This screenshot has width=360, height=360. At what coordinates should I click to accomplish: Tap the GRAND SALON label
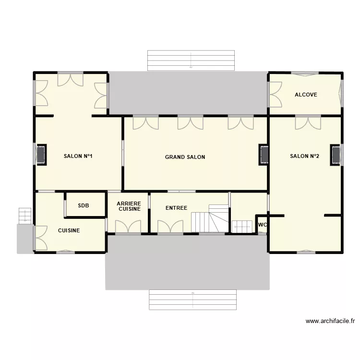pyautogui.click(x=185, y=157)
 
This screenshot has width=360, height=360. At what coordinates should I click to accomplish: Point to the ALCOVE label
pyautogui.click(x=306, y=95)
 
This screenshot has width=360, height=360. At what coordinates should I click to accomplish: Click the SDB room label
pyautogui.click(x=84, y=205)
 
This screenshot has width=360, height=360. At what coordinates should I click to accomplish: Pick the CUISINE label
pyautogui.click(x=69, y=230)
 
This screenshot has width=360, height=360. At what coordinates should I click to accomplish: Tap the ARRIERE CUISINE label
pyautogui.click(x=129, y=206)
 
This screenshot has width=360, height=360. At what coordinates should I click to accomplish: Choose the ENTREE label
pyautogui.click(x=176, y=208)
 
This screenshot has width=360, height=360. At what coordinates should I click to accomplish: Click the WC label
pyautogui.click(x=262, y=225)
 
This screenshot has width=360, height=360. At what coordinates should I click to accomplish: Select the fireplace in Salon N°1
pyautogui.click(x=41, y=155)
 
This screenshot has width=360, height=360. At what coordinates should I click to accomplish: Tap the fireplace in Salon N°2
pyautogui.click(x=336, y=155)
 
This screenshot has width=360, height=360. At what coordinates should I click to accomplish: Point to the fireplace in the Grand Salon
pyautogui.click(x=264, y=155)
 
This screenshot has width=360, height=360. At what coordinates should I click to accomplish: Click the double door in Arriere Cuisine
pyautogui.click(x=128, y=227)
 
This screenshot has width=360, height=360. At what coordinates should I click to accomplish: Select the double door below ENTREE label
pyautogui.click(x=170, y=227)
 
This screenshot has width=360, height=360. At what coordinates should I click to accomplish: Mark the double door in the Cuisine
pyautogui.click(x=40, y=238)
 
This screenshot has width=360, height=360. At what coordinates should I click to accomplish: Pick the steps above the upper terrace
pyautogui.click(x=191, y=60)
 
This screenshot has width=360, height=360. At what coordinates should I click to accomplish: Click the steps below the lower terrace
pyautogui.click(x=192, y=300)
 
